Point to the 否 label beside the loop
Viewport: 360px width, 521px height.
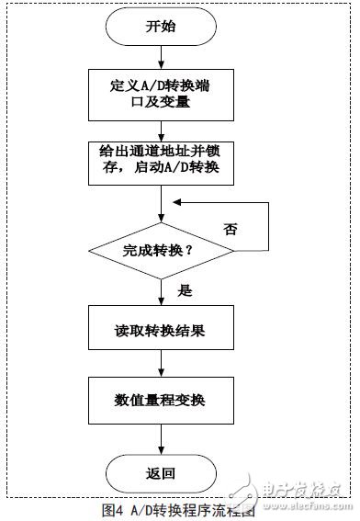229,228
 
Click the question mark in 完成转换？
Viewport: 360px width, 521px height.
199,249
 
